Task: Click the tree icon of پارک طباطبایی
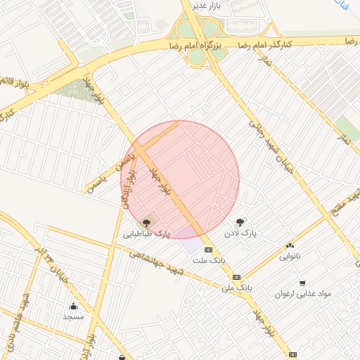tap(146, 223)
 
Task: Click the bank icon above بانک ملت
tap(208, 250)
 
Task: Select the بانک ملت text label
tap(208, 260)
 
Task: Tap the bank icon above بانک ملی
tap(236, 277)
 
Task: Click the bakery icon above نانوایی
tap(290, 246)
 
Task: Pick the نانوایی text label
tap(290, 257)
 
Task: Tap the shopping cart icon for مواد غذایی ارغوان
tap(302, 283)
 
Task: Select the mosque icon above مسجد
tap(73, 306)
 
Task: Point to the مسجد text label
tap(73, 316)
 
